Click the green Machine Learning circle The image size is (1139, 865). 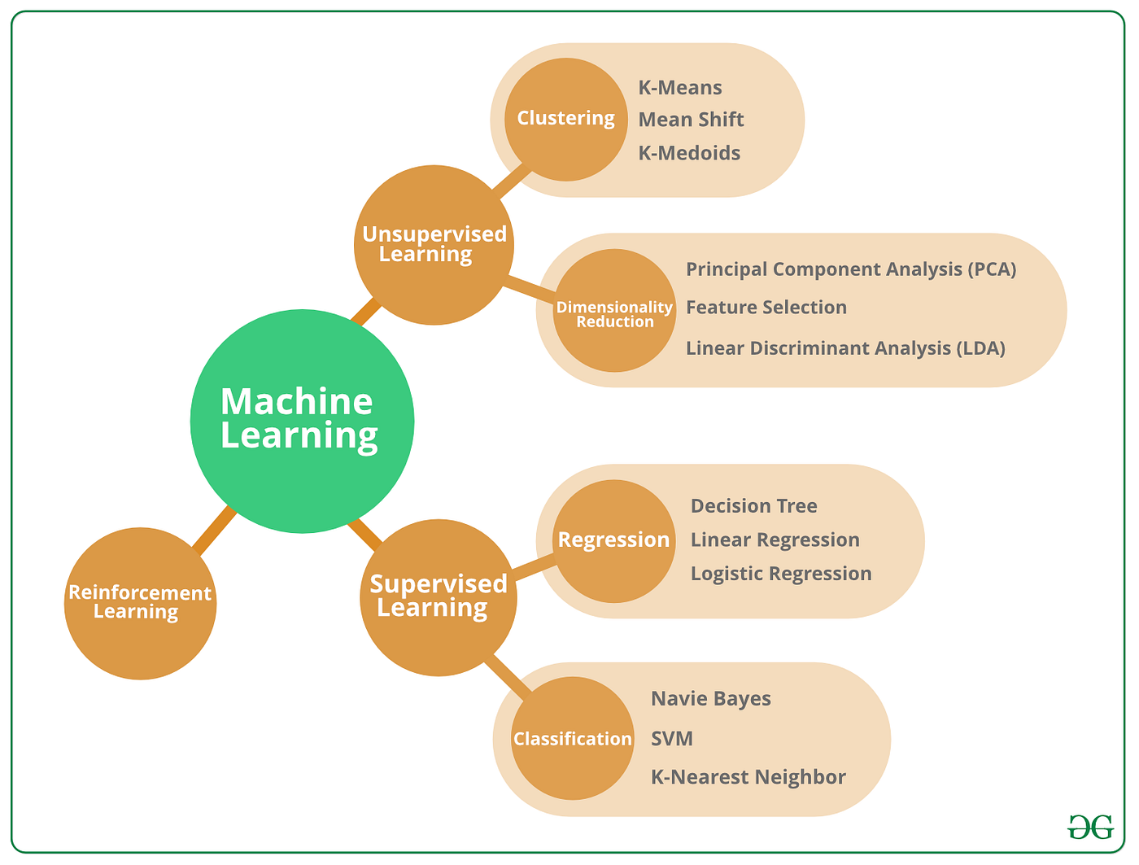tap(302, 421)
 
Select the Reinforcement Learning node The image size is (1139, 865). tap(140, 603)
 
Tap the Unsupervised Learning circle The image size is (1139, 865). tap(434, 244)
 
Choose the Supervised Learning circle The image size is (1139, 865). tap(438, 596)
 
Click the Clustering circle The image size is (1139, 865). tap(566, 119)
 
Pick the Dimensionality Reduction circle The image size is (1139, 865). tap(614, 311)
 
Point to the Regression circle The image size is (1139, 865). tap(614, 540)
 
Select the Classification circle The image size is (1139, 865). tap(572, 738)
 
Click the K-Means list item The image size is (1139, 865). tap(679, 88)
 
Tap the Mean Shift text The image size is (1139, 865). tap(691, 120)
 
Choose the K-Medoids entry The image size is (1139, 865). tap(689, 153)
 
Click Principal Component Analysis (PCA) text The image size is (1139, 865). tap(850, 269)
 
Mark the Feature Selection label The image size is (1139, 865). tap(766, 308)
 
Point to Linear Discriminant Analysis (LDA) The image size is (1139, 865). tap(845, 348)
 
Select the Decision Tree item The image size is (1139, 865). tap(753, 506)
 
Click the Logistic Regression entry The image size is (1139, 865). tap(780, 574)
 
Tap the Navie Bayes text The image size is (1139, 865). tap(710, 699)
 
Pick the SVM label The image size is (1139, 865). tap(671, 739)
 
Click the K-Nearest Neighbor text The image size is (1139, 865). tap(748, 777)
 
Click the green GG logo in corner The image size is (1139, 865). tap(1090, 828)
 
